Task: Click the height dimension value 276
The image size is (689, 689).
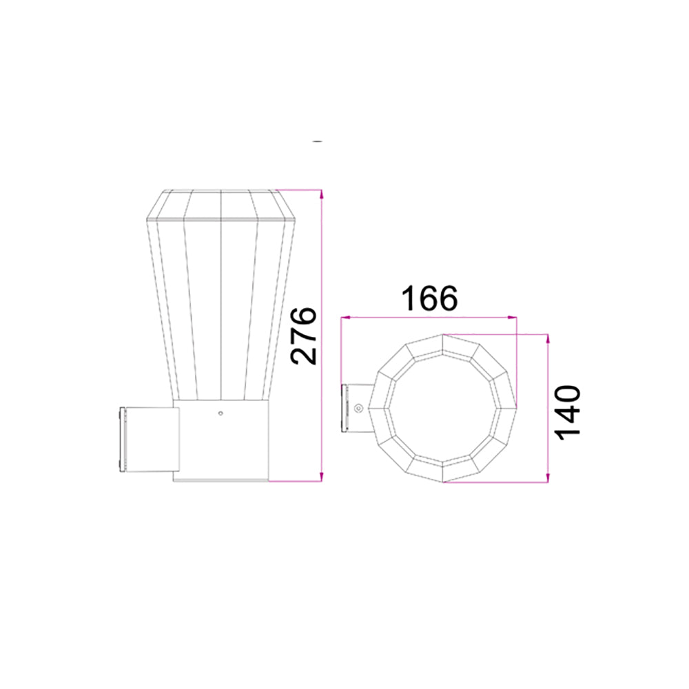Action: pyautogui.click(x=303, y=336)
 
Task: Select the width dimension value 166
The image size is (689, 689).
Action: pyautogui.click(x=429, y=298)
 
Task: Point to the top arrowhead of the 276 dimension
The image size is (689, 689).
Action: pyautogui.click(x=321, y=194)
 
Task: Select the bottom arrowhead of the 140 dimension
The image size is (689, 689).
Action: pyautogui.click(x=548, y=477)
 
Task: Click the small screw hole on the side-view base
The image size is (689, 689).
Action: pyautogui.click(x=220, y=414)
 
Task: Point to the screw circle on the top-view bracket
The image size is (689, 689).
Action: pyautogui.click(x=358, y=409)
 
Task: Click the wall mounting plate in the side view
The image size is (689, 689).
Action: pyautogui.click(x=124, y=440)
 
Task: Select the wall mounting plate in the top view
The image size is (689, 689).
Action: pyautogui.click(x=346, y=409)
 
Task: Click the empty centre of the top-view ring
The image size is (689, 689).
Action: pyautogui.click(x=441, y=408)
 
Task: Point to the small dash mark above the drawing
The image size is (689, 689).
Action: pyautogui.click(x=317, y=141)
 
